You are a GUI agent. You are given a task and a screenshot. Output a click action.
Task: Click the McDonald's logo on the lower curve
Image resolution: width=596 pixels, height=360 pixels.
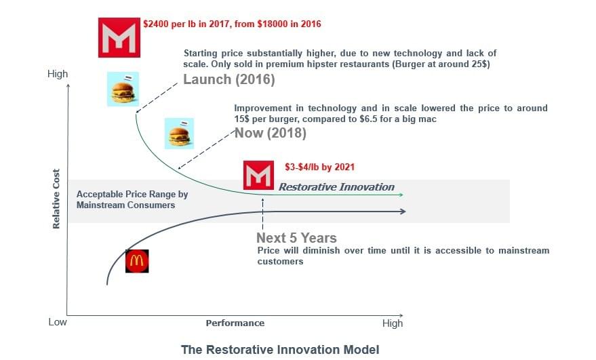(x=137, y=261)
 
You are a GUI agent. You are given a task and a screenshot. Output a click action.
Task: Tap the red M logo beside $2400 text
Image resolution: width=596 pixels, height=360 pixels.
(x=119, y=37)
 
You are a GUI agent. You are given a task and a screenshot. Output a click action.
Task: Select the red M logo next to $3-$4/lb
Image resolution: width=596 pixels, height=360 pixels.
(x=258, y=175)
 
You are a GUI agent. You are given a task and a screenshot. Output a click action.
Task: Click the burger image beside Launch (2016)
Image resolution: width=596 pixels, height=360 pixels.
(x=123, y=89)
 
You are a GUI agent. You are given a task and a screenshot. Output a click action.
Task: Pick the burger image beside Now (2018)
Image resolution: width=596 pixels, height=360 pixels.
(x=179, y=134)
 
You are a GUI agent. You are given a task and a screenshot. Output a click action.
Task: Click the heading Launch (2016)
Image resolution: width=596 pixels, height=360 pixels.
(x=229, y=79)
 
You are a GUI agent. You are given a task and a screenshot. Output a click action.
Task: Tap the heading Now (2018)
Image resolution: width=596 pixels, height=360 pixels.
(x=271, y=133)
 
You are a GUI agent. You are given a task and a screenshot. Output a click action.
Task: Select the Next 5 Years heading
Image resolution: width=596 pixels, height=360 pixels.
(x=296, y=238)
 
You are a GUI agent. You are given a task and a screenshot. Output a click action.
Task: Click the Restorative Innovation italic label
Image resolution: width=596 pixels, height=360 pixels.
(x=336, y=187)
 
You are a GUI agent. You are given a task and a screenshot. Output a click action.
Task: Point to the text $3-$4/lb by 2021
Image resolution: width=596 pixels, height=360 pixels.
(x=319, y=167)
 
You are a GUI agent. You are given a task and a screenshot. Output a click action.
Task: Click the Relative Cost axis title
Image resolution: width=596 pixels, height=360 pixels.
(x=56, y=199)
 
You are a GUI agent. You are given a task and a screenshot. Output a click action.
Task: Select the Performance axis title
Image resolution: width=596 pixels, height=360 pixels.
(x=235, y=323)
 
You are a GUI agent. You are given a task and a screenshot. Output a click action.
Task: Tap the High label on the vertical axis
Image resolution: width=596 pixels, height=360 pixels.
(x=58, y=74)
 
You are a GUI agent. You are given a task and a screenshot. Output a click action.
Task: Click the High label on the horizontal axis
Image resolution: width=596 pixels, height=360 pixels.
(x=393, y=323)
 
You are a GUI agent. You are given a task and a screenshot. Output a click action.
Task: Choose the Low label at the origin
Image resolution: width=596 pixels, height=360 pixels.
(x=58, y=322)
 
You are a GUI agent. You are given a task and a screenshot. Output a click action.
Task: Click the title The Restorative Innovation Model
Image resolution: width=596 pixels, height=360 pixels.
(x=280, y=349)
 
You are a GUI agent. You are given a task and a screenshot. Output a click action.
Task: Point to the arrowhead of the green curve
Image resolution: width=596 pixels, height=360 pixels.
(x=401, y=195)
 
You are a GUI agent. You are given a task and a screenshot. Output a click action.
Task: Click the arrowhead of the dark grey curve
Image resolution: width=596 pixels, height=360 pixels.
(x=403, y=212)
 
